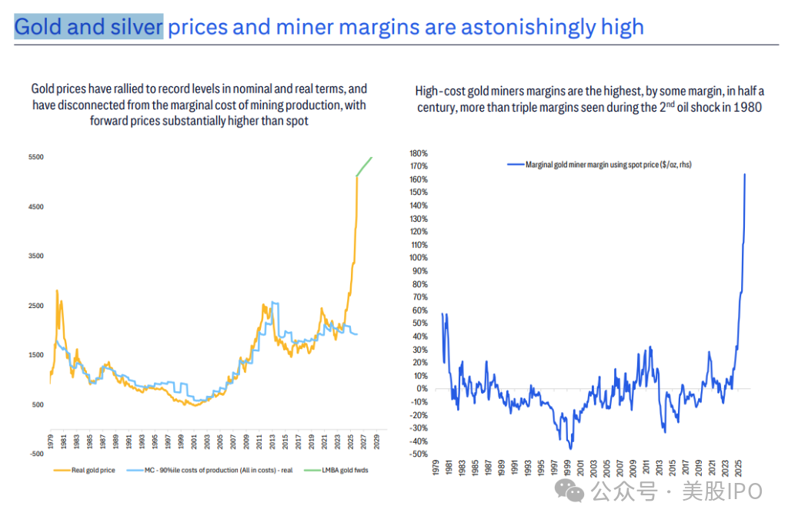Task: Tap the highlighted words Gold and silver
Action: tap(88, 28)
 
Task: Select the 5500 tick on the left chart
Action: tap(35, 157)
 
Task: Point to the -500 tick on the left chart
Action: tap(35, 454)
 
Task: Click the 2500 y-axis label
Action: tap(35, 306)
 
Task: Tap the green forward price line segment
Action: tap(365, 165)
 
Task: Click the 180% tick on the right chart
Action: tap(419, 153)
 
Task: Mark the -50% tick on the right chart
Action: tap(419, 454)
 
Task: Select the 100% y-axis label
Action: tap(419, 257)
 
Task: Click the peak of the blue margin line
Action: tap(745, 174)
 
